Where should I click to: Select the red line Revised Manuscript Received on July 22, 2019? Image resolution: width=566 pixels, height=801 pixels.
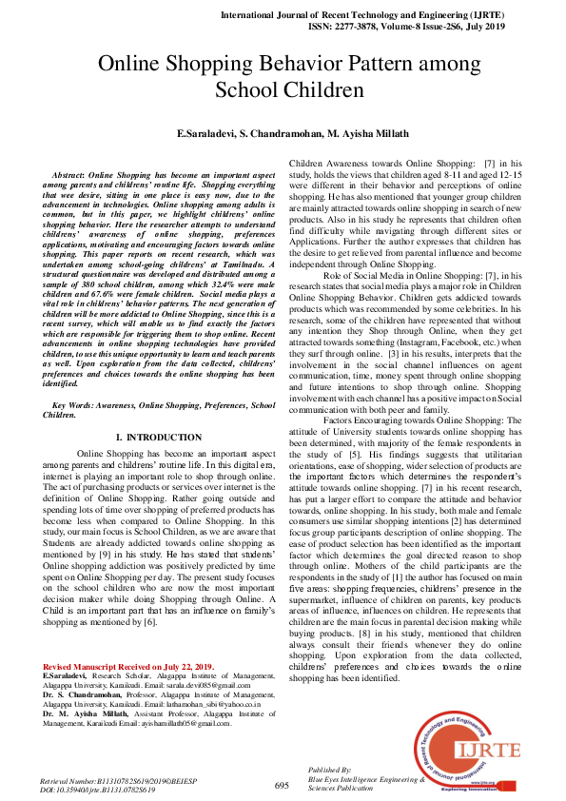pyautogui.click(x=128, y=666)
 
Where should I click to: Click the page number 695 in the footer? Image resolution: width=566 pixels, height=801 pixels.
pyautogui.click(x=282, y=786)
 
